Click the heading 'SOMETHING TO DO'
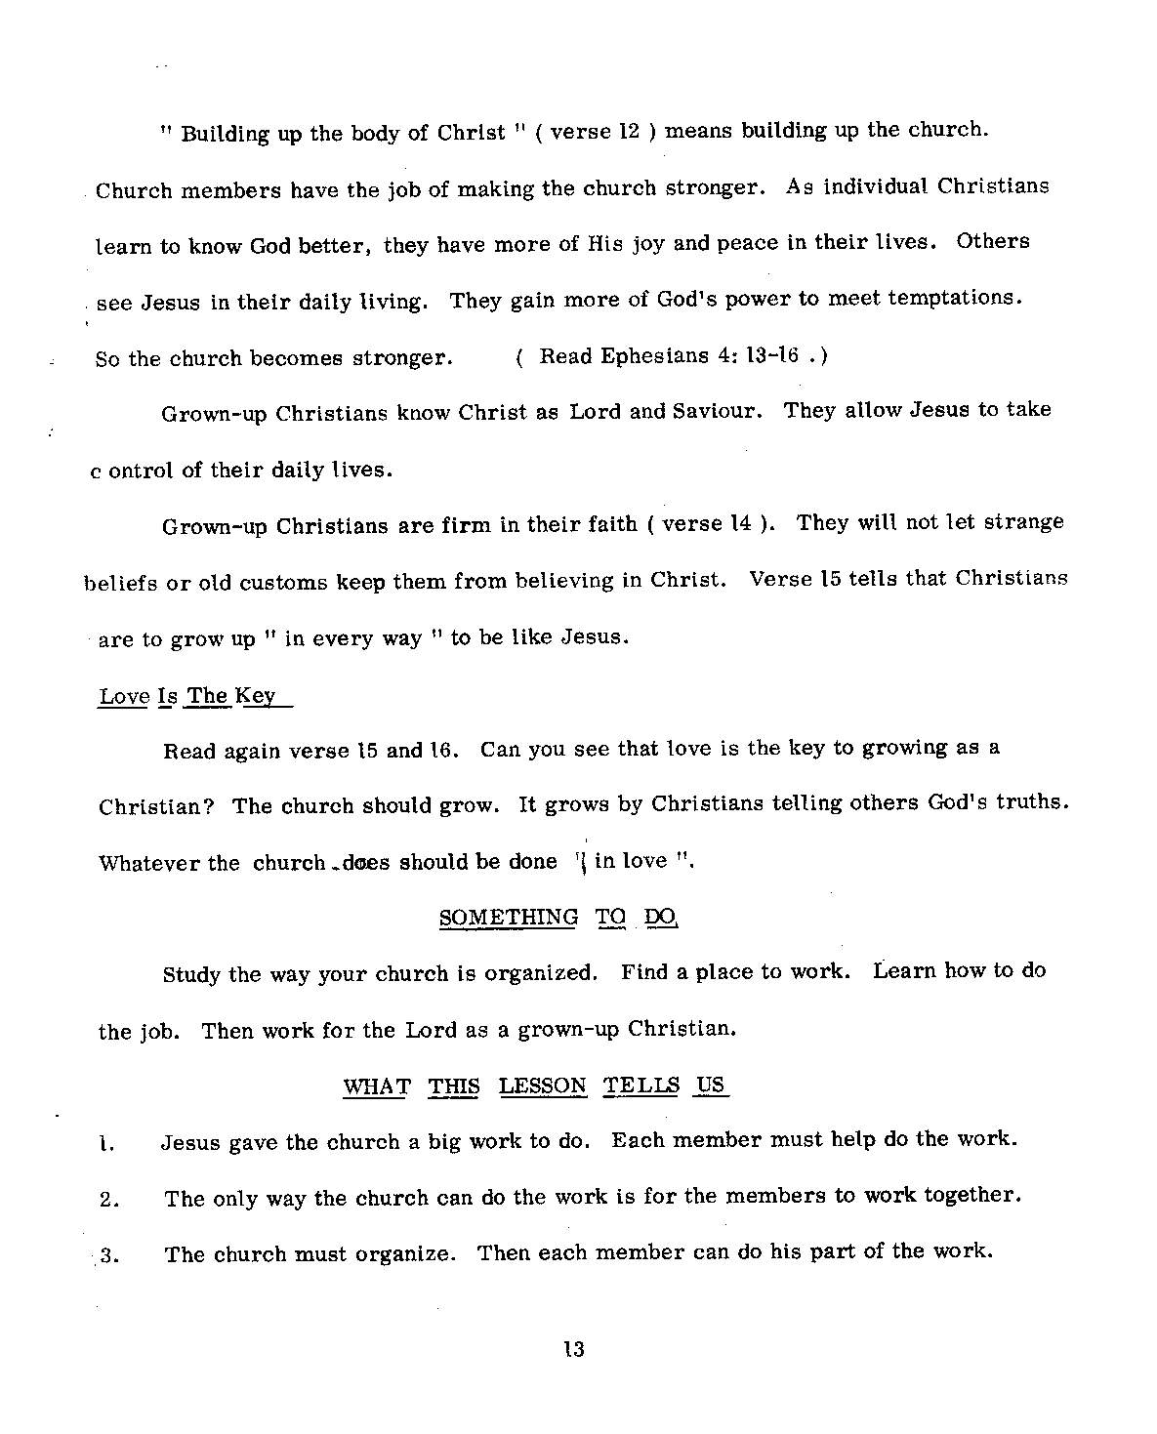pyautogui.click(x=558, y=918)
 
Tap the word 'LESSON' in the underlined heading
pyautogui.click(x=543, y=1086)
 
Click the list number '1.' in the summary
pyautogui.click(x=108, y=1145)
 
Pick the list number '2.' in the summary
pyautogui.click(x=108, y=1201)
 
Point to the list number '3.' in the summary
pyautogui.click(x=108, y=1257)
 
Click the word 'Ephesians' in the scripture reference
pyautogui.click(x=646, y=356)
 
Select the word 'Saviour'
pyautogui.click(x=715, y=411)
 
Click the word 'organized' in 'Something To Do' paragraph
pyautogui.click(x=538, y=973)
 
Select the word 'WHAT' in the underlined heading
pyautogui.click(x=376, y=1086)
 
